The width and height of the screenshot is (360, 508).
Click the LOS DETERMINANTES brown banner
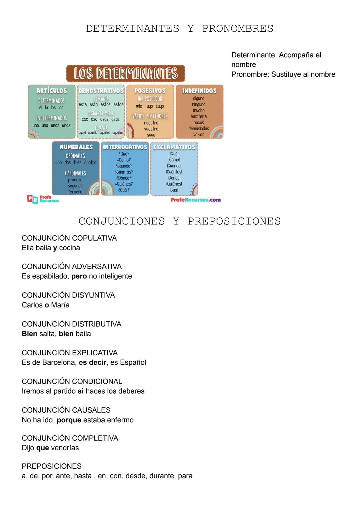tap(125, 73)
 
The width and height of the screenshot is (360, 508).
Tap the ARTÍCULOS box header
tap(52, 91)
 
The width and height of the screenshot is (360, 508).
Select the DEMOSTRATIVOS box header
tap(101, 91)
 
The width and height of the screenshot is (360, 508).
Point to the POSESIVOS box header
tap(150, 91)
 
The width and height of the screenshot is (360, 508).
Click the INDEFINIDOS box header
tap(199, 91)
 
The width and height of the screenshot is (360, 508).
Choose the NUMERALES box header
tap(76, 147)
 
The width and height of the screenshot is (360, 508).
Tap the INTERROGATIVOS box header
tap(125, 147)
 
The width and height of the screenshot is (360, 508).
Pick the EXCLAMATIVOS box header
tap(174, 147)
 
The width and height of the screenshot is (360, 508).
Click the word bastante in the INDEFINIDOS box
tap(199, 116)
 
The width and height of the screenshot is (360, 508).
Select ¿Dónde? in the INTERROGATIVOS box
tap(124, 178)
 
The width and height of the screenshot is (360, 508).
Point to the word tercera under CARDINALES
tap(75, 192)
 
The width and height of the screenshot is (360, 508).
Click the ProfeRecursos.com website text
tap(196, 200)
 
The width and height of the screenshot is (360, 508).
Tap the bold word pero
tap(79, 276)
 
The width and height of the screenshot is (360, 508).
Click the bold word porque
tap(69, 420)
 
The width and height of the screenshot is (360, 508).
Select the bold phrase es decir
tap(93, 362)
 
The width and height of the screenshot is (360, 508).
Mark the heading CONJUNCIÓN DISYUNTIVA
tap(68, 295)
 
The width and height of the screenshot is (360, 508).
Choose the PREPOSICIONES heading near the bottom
tap(52, 466)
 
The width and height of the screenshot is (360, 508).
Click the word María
tap(60, 305)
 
